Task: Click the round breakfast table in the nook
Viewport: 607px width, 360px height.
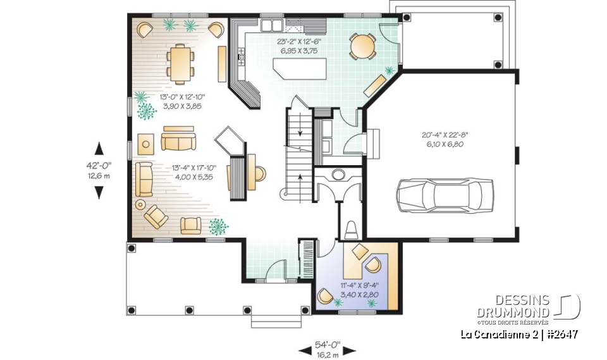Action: tap(362, 46)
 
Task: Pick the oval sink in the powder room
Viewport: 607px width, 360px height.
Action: tap(338, 174)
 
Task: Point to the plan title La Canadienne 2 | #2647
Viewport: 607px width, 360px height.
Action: tap(519, 335)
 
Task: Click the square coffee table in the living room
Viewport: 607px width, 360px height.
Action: tap(147, 144)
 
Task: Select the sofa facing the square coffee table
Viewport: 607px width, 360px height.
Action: tap(178, 140)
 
